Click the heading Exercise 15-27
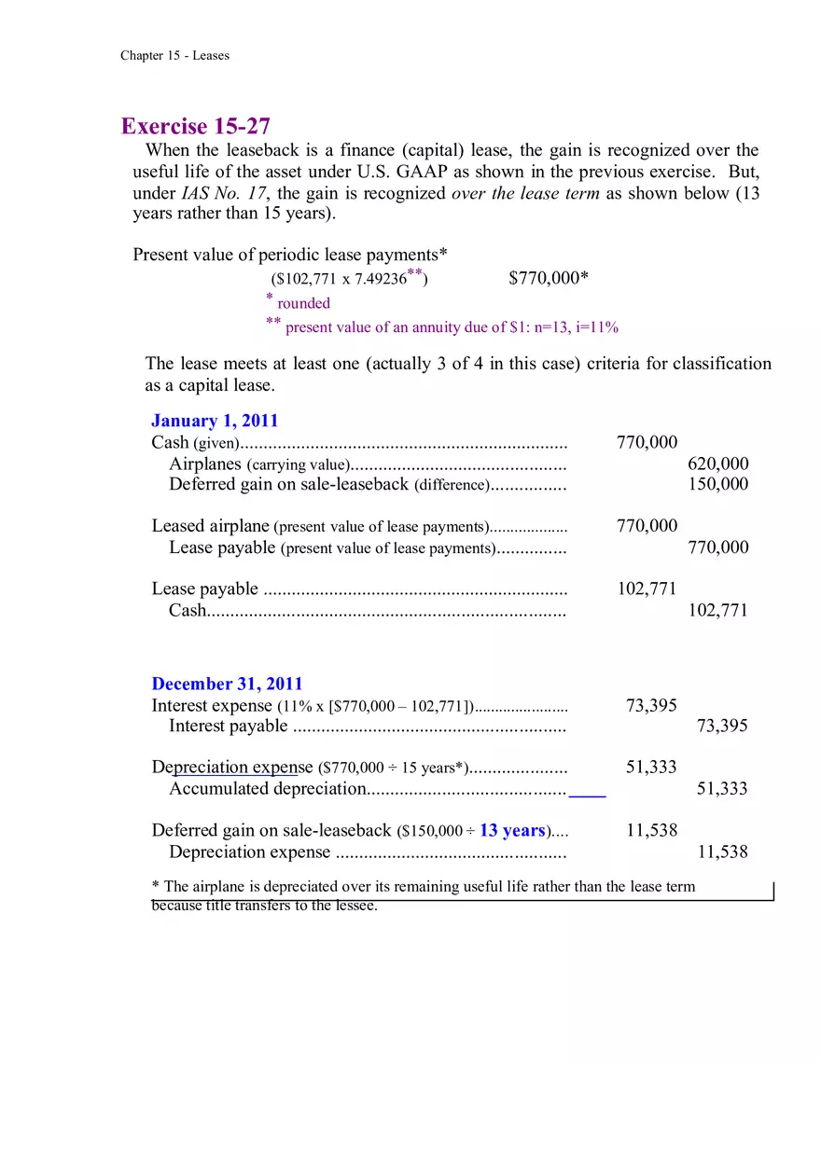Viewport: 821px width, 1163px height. [196, 127]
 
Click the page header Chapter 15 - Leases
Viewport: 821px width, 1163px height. [174, 56]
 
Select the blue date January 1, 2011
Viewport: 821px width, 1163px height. [215, 421]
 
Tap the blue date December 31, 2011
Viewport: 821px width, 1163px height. [227, 684]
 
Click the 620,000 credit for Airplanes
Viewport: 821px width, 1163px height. [717, 464]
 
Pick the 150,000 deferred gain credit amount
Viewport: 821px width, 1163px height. [717, 484]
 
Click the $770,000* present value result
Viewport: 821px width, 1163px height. [549, 278]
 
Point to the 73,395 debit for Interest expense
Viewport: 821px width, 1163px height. [651, 705]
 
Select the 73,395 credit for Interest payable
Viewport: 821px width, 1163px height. [722, 726]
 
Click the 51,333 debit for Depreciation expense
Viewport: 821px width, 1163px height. [651, 768]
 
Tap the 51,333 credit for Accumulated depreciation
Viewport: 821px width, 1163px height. [722, 789]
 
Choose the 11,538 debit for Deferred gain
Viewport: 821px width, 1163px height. [651, 830]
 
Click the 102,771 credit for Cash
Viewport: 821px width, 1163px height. [717, 610]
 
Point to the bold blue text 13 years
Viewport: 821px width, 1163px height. [512, 830]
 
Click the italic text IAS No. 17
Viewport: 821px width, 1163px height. [222, 194]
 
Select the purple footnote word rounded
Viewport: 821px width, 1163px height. [303, 303]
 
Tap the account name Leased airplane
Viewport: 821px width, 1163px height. [211, 526]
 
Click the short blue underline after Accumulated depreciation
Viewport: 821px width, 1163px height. [587, 796]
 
